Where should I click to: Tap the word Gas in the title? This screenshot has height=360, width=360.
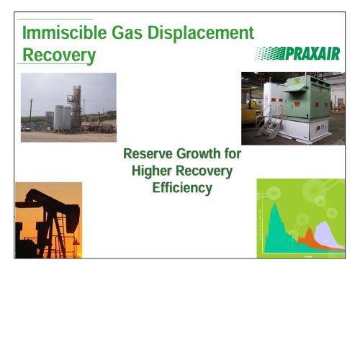click(x=127, y=33)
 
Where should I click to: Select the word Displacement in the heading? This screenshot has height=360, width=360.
click(x=201, y=34)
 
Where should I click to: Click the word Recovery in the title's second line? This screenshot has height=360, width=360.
click(x=59, y=55)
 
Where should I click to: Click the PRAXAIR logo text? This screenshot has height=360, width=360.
click(x=312, y=53)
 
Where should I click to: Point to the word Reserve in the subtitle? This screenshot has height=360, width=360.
click(x=148, y=153)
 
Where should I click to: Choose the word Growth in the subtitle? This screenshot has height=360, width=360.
click(x=199, y=153)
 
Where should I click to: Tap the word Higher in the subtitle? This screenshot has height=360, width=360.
click(x=152, y=171)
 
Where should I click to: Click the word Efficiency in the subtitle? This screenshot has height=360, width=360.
click(x=182, y=188)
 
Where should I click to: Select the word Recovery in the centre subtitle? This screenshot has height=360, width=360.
click(x=204, y=171)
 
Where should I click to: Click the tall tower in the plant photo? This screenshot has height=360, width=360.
click(x=76, y=108)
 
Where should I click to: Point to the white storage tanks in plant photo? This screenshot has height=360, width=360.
click(x=62, y=117)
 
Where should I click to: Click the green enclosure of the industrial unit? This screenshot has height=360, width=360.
click(x=308, y=98)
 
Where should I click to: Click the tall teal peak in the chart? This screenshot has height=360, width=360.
click(x=275, y=216)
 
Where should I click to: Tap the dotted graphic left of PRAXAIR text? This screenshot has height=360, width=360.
click(x=270, y=53)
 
